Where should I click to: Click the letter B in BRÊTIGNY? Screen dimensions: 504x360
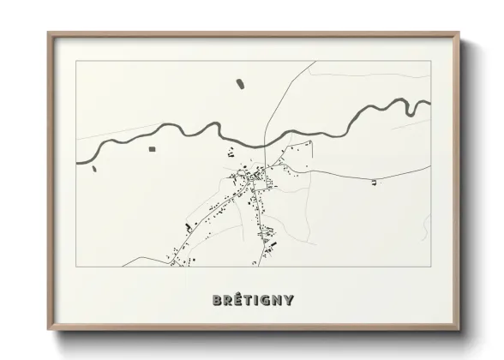click(x=216, y=300)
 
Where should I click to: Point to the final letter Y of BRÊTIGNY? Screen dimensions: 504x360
click(x=290, y=300)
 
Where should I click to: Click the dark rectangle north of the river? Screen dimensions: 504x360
click(x=239, y=84)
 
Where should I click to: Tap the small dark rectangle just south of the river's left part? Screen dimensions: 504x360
click(x=153, y=149)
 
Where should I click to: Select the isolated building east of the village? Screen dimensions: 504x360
click(x=373, y=182)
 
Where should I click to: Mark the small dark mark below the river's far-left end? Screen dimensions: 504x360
click(x=93, y=168)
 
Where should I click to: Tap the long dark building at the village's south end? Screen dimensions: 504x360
click(x=273, y=244)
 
